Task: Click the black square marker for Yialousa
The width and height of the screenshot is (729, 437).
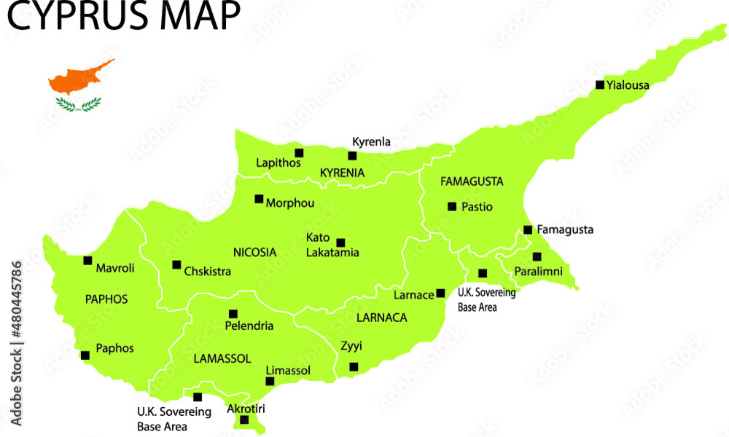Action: point(600,84)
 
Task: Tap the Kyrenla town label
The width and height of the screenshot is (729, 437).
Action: point(371,141)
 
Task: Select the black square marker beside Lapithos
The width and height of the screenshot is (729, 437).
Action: point(299,153)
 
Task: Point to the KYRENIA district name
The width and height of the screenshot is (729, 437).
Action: point(342,173)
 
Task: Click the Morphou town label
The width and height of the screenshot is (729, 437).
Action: point(290,203)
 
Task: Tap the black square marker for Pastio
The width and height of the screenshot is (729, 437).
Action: point(452,207)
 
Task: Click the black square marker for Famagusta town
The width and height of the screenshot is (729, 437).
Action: point(528,229)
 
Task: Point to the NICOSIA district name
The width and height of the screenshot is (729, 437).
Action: point(254,252)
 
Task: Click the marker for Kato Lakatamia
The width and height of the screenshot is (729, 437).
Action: point(340,243)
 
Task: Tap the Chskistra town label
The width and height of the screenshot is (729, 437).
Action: point(208,272)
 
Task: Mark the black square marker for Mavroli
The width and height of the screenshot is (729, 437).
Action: point(87,260)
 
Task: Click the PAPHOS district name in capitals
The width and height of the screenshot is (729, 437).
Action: point(106,299)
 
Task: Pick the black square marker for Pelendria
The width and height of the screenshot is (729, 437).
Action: point(233,314)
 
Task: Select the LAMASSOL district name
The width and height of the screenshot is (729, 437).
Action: point(222,358)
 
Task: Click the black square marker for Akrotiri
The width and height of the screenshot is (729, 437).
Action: point(244,420)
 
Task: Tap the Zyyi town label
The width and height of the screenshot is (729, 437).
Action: point(351,346)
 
